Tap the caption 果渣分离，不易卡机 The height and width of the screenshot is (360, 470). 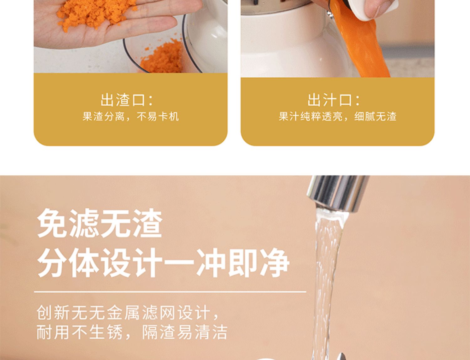pyautogui.click(x=131, y=117)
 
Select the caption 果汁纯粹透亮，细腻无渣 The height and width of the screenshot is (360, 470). pyautogui.click(x=337, y=117)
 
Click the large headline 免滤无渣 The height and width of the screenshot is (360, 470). pyautogui.click(x=100, y=224)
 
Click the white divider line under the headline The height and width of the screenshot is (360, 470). pyautogui.click(x=170, y=292)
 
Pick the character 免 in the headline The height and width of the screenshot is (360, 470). pyautogui.click(x=52, y=224)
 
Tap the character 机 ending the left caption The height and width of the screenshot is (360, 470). pyautogui.click(x=174, y=117)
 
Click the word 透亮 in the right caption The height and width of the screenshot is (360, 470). pyautogui.click(x=332, y=117)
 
